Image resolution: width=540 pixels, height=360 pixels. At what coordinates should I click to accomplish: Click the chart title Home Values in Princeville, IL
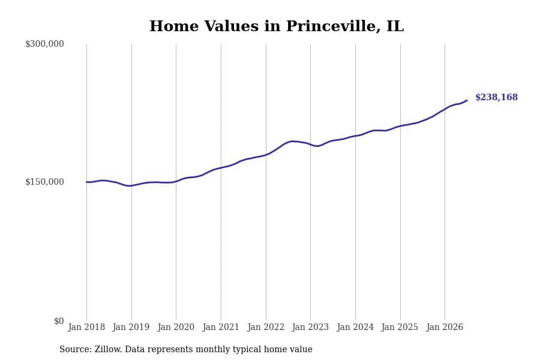pos(276,26)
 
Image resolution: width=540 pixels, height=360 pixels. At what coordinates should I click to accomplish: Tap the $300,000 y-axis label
pos(44,44)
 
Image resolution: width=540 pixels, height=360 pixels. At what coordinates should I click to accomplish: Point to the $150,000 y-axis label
pos(44,182)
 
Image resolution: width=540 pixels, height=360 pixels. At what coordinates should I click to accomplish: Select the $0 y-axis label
pos(59,321)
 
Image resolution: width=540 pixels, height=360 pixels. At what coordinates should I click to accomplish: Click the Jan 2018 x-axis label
pos(86,327)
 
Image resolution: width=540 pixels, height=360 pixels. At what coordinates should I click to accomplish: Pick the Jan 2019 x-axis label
pos(131,327)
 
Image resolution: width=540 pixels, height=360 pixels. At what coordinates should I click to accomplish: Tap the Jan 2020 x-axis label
pos(176,327)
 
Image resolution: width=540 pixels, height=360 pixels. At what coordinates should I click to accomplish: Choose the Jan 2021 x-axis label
pos(221,327)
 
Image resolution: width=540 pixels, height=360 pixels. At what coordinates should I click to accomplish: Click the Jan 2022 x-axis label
pos(266,327)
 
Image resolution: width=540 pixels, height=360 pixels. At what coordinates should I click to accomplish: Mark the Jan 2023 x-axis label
pos(310,327)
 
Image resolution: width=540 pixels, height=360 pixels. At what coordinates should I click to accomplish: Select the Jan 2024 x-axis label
pos(355,327)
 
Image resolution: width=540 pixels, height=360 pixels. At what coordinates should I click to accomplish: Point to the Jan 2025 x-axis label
pos(400,327)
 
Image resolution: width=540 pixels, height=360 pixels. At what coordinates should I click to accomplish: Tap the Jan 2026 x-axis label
pos(445,327)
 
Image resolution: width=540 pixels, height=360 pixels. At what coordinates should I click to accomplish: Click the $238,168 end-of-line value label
pos(496,97)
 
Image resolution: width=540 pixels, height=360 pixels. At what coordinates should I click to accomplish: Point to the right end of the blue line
pos(467,100)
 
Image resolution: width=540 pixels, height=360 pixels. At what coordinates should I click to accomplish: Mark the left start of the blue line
pos(86,182)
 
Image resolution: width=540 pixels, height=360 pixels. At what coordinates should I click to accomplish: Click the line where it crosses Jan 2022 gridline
pos(266,155)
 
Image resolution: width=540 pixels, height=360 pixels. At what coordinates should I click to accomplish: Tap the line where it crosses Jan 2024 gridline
pos(355,136)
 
